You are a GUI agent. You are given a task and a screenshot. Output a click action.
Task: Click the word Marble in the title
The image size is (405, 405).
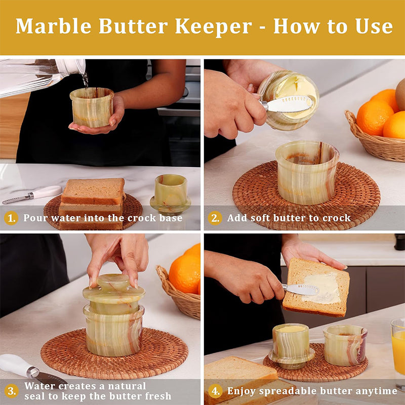click(x=54, y=26)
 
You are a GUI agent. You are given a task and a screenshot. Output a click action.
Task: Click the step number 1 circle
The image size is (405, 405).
click(x=11, y=218)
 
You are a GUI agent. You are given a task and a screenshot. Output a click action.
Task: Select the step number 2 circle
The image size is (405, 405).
click(x=215, y=218)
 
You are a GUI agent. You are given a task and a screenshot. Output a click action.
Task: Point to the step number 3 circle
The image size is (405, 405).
click(x=11, y=391)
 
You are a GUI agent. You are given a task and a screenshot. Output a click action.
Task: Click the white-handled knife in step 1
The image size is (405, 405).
click(x=32, y=195)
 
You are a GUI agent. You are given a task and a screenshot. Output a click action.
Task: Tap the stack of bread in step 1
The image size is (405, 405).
click(x=92, y=204)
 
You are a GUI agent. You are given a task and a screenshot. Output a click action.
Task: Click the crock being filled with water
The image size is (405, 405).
click(x=92, y=107)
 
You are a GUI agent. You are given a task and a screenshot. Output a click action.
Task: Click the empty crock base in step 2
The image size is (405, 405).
click(x=307, y=172)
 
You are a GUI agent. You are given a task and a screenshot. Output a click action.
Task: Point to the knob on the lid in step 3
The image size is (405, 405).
click(x=113, y=280)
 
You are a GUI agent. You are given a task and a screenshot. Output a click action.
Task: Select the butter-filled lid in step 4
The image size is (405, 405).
click(x=292, y=346)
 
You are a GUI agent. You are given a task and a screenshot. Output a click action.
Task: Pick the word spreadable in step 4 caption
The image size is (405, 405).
click(x=288, y=391)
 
